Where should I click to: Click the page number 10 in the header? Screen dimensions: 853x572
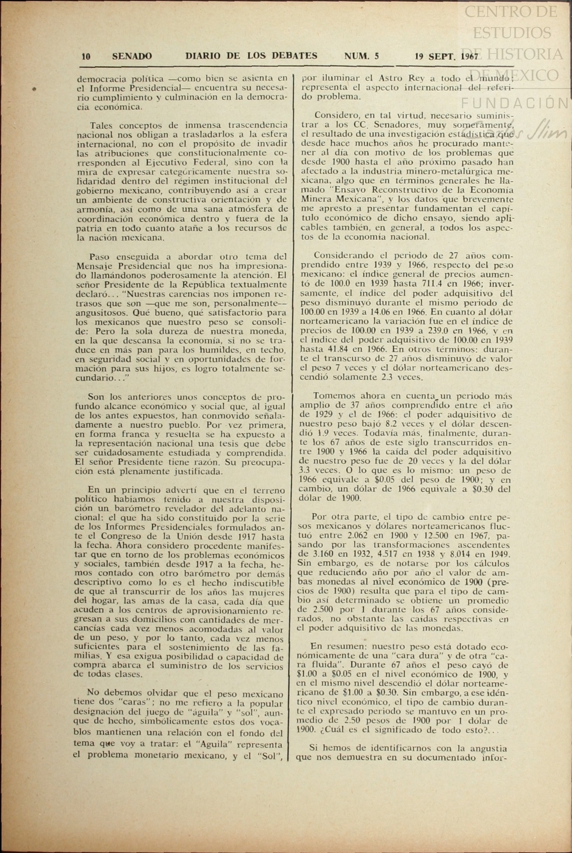tap(86, 57)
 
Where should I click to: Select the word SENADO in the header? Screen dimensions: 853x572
tap(132, 56)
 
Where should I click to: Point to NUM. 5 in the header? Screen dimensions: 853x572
tap(361, 56)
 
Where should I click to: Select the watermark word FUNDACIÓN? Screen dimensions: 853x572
tap(515, 103)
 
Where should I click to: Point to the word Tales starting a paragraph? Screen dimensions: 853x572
tap(101, 125)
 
